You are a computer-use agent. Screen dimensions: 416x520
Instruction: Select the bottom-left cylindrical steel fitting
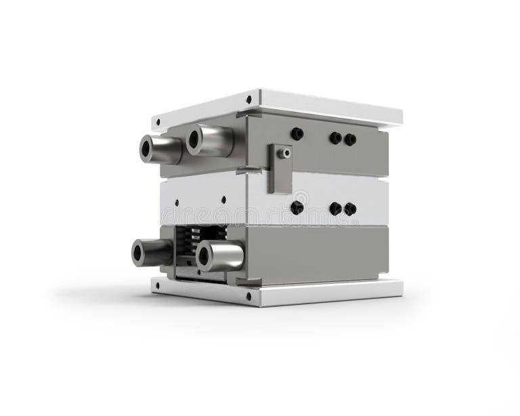152,252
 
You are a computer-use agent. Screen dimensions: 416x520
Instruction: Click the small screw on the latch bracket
286,154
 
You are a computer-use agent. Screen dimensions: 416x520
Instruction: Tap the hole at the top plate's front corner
249,100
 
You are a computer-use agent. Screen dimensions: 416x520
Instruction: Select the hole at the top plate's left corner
158,123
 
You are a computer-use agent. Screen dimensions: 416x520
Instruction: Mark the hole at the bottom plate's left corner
158,285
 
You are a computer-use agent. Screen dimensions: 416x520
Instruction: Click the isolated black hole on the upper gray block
297,134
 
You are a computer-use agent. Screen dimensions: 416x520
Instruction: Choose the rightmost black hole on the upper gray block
350,140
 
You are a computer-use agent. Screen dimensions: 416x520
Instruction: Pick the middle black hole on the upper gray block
335,138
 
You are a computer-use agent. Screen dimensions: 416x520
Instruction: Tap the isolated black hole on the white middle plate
297,207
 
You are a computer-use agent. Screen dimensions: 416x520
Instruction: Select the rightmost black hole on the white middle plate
350,209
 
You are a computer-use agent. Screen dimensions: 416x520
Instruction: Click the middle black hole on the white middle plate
335,209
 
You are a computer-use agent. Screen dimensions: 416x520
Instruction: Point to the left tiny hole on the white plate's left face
177,202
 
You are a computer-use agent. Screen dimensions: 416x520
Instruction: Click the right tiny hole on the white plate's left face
223,200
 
